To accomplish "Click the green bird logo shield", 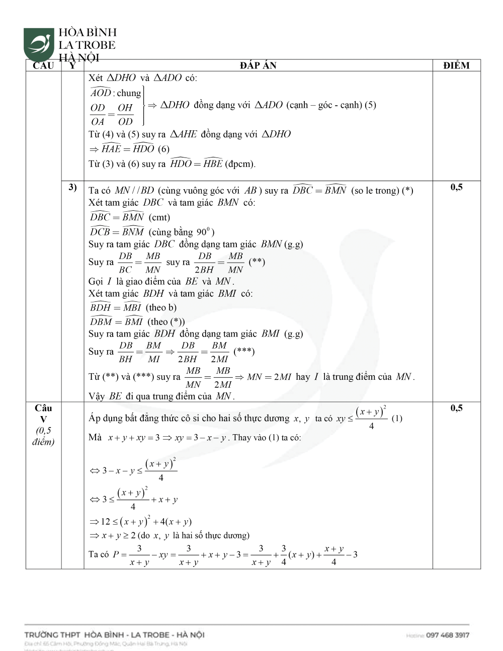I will coord(39,44).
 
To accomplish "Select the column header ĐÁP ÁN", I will coord(258,65).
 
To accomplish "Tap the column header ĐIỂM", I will coord(456,65).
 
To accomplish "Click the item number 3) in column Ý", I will coord(72,188).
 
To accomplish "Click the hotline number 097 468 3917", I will coord(447,635).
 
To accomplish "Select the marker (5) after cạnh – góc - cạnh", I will coord(371,105).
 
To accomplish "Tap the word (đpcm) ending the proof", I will coord(240,164).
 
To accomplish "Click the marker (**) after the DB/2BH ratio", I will coord(257,262).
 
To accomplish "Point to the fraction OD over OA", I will coord(98,115).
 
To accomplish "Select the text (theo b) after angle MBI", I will coord(161,307).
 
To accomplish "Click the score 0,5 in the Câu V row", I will coord(456,409).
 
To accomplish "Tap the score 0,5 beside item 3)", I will coord(456,188).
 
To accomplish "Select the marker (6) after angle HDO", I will coord(163,149).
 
